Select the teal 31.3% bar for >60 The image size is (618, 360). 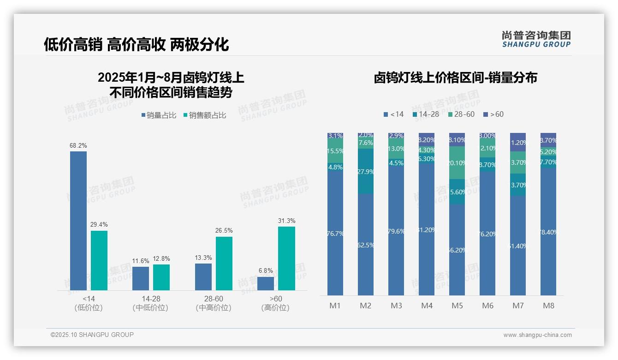[x=286, y=258]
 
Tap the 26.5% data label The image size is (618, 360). [x=224, y=230]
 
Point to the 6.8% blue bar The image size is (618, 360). [x=266, y=283]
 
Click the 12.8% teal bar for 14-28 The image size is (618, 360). [x=161, y=277]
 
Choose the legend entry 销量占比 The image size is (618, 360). [x=159, y=115]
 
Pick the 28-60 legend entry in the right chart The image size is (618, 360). [x=461, y=114]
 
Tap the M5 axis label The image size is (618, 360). [x=457, y=306]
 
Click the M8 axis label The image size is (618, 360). [x=548, y=306]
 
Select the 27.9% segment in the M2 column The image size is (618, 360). [x=366, y=171]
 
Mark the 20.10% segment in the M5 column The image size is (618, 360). [x=457, y=163]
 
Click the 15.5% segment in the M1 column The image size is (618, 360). [x=335, y=151]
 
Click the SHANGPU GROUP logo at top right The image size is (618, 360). [x=536, y=39]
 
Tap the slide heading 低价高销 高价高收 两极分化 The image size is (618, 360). [x=137, y=45]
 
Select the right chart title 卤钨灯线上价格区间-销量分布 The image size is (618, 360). [x=455, y=78]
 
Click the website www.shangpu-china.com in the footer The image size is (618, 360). [x=537, y=335]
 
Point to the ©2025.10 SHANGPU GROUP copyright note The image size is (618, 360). [x=92, y=335]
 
